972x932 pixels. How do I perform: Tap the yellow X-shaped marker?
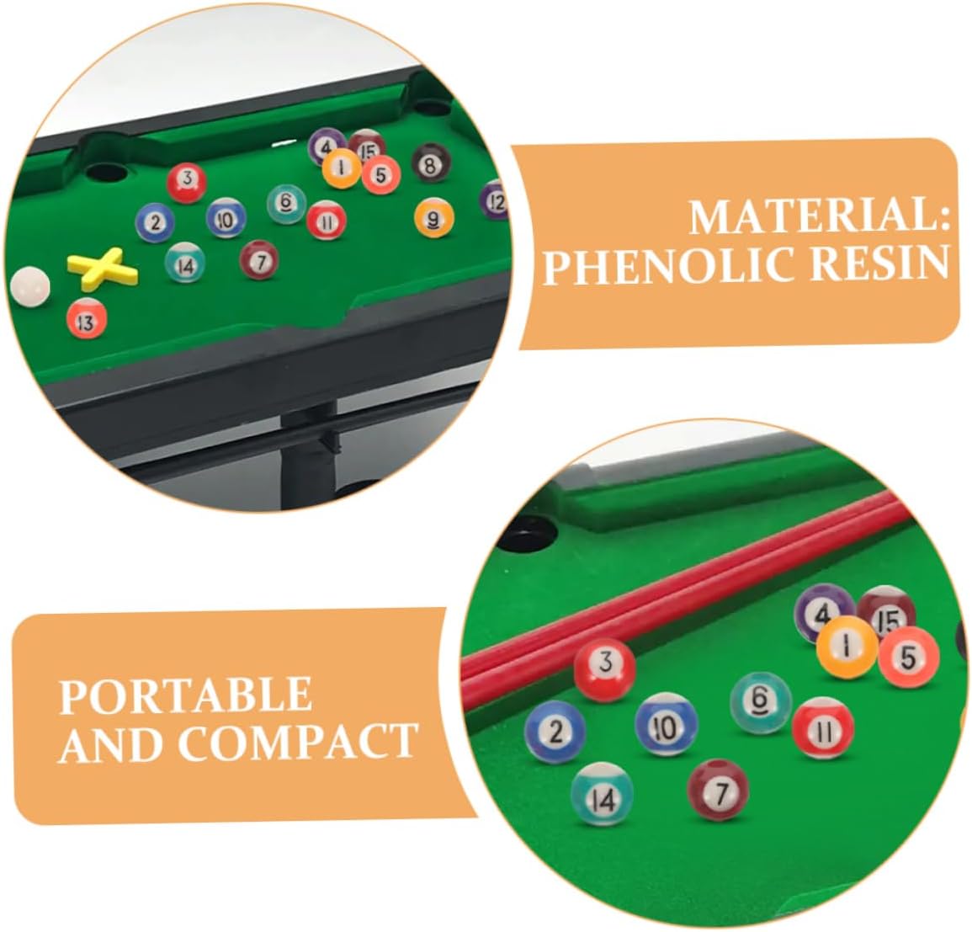tap(103, 269)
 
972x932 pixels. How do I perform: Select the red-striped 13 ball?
tap(86, 318)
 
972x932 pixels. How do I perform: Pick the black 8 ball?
tap(431, 162)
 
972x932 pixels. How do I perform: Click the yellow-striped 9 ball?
tap(434, 218)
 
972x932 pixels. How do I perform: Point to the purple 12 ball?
tap(496, 200)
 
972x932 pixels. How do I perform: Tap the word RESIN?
tap(879, 263)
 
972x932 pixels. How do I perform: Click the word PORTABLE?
tap(185, 695)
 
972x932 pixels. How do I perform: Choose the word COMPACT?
tap(298, 741)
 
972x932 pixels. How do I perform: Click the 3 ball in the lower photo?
tap(604, 669)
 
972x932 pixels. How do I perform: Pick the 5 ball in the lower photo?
tap(908, 657)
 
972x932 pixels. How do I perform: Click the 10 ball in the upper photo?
tap(226, 218)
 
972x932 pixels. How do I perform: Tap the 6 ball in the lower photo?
tap(761, 702)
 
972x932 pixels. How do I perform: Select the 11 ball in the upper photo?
tap(326, 220)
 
